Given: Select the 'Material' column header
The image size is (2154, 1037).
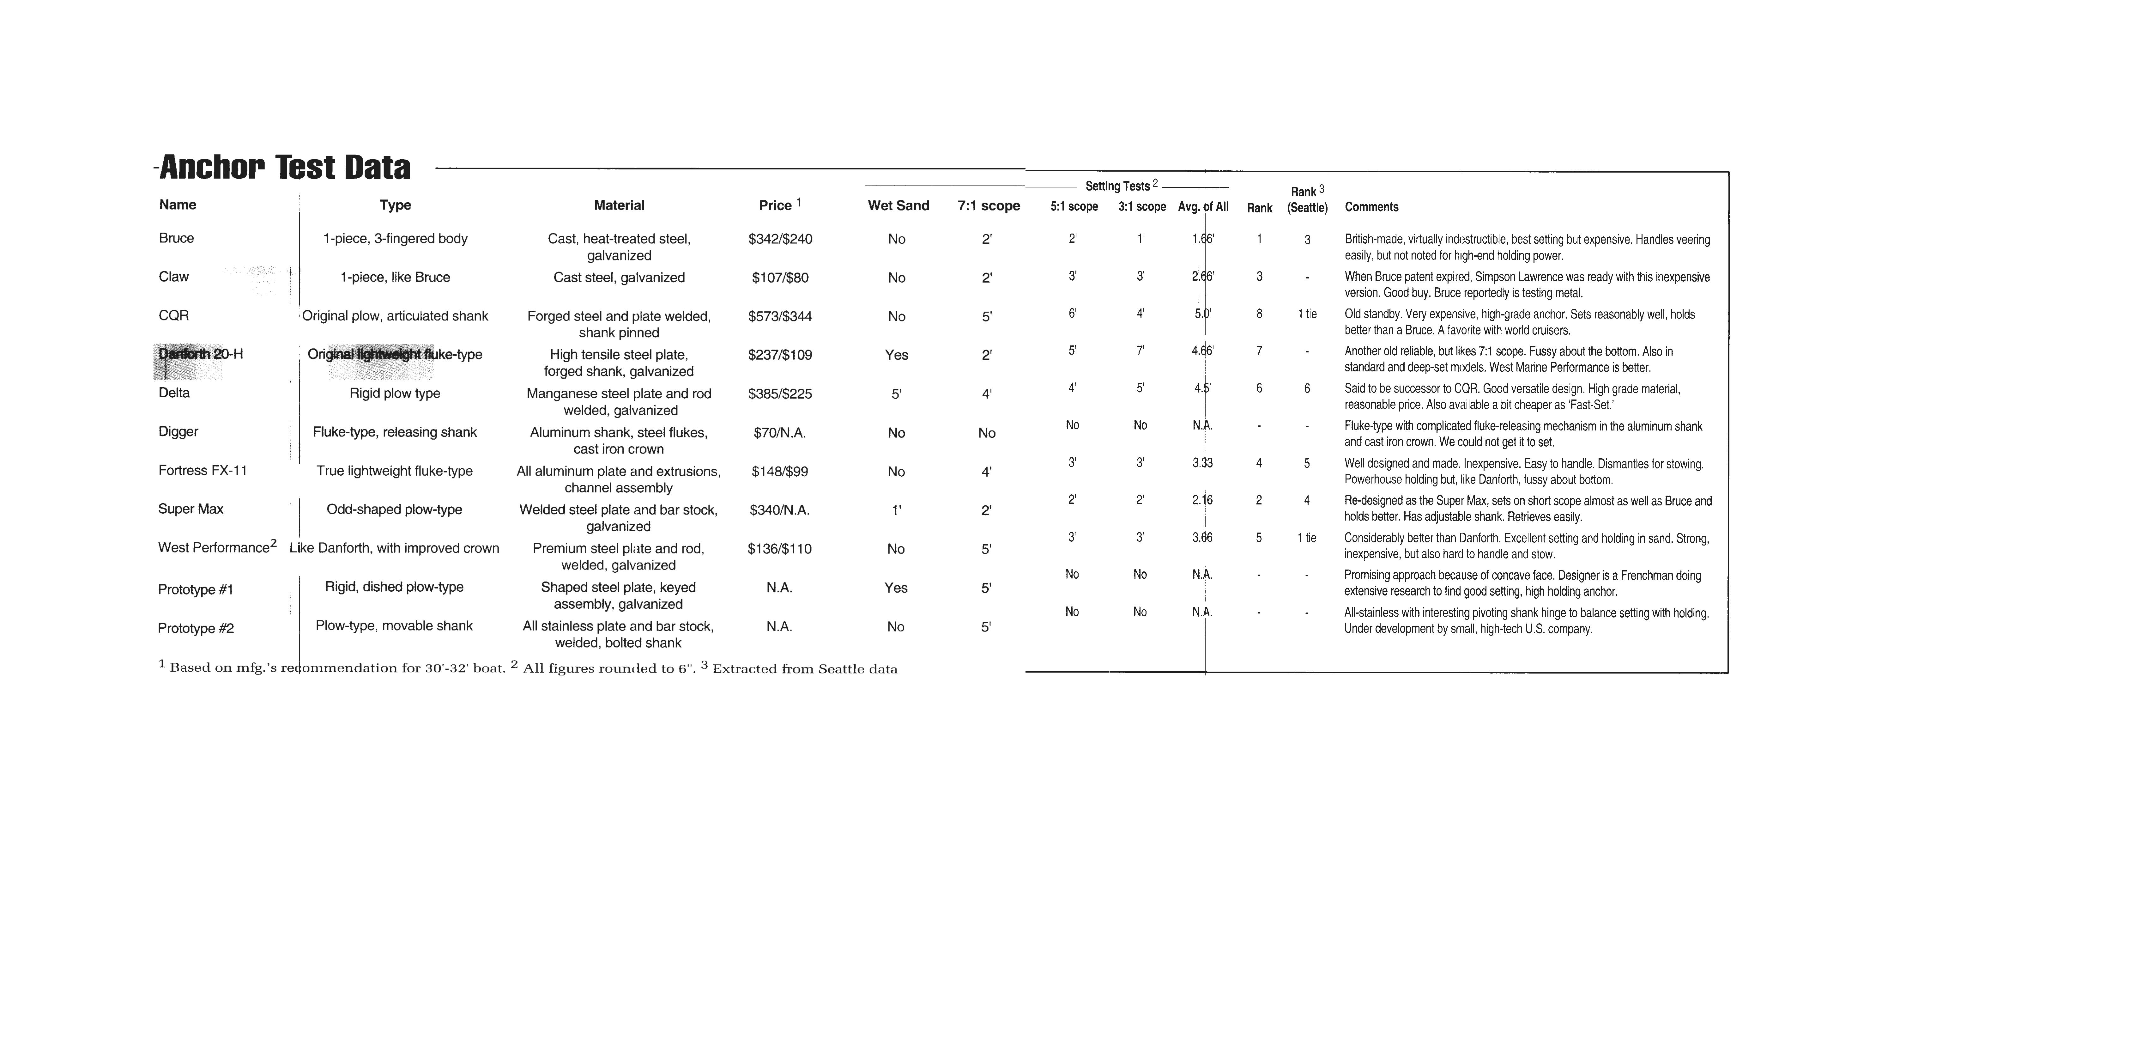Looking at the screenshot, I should [619, 205].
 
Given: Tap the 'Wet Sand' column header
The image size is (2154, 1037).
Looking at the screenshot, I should [898, 205].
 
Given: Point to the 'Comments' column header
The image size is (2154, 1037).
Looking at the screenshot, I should [1371, 207].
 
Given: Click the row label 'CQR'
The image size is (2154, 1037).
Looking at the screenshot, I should [174, 315].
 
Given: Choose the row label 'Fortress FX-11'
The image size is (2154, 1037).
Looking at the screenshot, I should [203, 470].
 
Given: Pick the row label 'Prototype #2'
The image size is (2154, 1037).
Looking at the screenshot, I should [196, 628].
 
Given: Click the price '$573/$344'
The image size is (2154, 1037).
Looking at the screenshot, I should [779, 316].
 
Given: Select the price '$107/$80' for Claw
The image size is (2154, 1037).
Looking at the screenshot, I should [779, 278].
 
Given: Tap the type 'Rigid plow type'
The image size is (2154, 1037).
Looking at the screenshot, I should [395, 393].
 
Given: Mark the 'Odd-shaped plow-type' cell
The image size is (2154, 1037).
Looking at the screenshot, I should [394, 509].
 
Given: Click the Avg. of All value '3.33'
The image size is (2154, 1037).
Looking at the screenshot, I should [1201, 462].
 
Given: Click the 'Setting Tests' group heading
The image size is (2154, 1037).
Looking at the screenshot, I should [1117, 186].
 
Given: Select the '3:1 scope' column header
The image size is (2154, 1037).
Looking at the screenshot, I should [1141, 207].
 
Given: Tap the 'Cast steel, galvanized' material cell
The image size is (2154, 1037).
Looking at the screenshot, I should [619, 278].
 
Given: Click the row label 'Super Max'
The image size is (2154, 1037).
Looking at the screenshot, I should [191, 509].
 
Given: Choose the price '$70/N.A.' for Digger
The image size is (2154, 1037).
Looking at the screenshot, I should [779, 432].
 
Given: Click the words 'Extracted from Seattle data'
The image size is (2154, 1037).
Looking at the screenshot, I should [804, 669].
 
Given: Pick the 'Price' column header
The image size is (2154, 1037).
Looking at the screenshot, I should [775, 205].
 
